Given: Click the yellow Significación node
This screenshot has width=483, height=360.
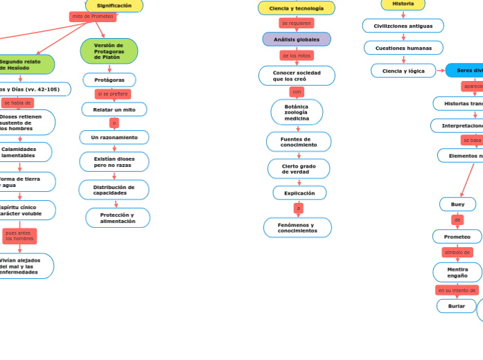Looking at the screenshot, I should (x=114, y=6).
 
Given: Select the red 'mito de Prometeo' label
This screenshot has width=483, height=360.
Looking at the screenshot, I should (x=93, y=16).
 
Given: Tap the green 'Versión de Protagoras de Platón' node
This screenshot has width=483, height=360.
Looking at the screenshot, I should (x=109, y=51).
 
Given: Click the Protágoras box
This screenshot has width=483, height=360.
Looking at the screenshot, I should (x=109, y=80).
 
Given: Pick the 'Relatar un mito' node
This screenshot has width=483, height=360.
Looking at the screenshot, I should (x=114, y=109).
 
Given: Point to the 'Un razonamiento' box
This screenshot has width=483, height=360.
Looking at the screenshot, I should (x=114, y=137).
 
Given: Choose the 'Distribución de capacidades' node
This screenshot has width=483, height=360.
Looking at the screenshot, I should (x=114, y=190).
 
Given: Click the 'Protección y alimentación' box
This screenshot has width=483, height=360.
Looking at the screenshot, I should (x=118, y=218).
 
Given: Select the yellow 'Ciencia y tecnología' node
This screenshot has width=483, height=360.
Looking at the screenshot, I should (x=297, y=8).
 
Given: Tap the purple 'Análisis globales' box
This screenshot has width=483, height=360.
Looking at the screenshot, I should (x=297, y=39).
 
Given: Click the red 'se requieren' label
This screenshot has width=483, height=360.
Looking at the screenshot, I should (x=297, y=23).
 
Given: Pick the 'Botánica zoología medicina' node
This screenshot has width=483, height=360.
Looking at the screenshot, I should (x=297, y=112).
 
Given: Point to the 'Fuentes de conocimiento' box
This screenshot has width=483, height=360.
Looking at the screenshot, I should (x=299, y=142).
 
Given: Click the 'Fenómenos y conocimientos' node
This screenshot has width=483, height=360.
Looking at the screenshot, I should (x=297, y=227).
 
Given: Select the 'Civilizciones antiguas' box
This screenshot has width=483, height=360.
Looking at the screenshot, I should (x=403, y=26).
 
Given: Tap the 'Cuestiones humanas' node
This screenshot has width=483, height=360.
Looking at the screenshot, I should (x=403, y=48).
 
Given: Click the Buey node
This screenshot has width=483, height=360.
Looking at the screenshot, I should (x=457, y=204).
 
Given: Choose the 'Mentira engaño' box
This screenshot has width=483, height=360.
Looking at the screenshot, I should (x=457, y=272).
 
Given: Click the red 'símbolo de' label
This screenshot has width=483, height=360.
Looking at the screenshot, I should (x=457, y=253).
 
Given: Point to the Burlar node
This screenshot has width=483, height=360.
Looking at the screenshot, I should (x=457, y=305).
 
